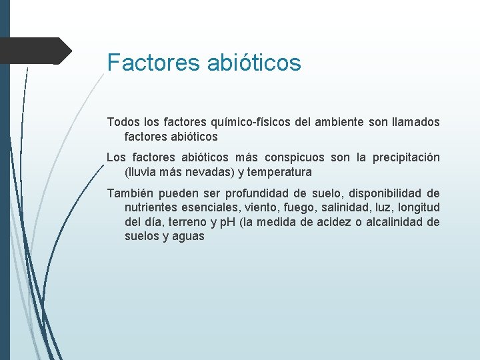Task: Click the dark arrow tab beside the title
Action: (37, 51)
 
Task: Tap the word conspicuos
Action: (295, 158)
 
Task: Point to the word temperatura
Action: (280, 172)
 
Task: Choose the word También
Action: (130, 193)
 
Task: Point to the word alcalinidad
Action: (395, 222)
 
